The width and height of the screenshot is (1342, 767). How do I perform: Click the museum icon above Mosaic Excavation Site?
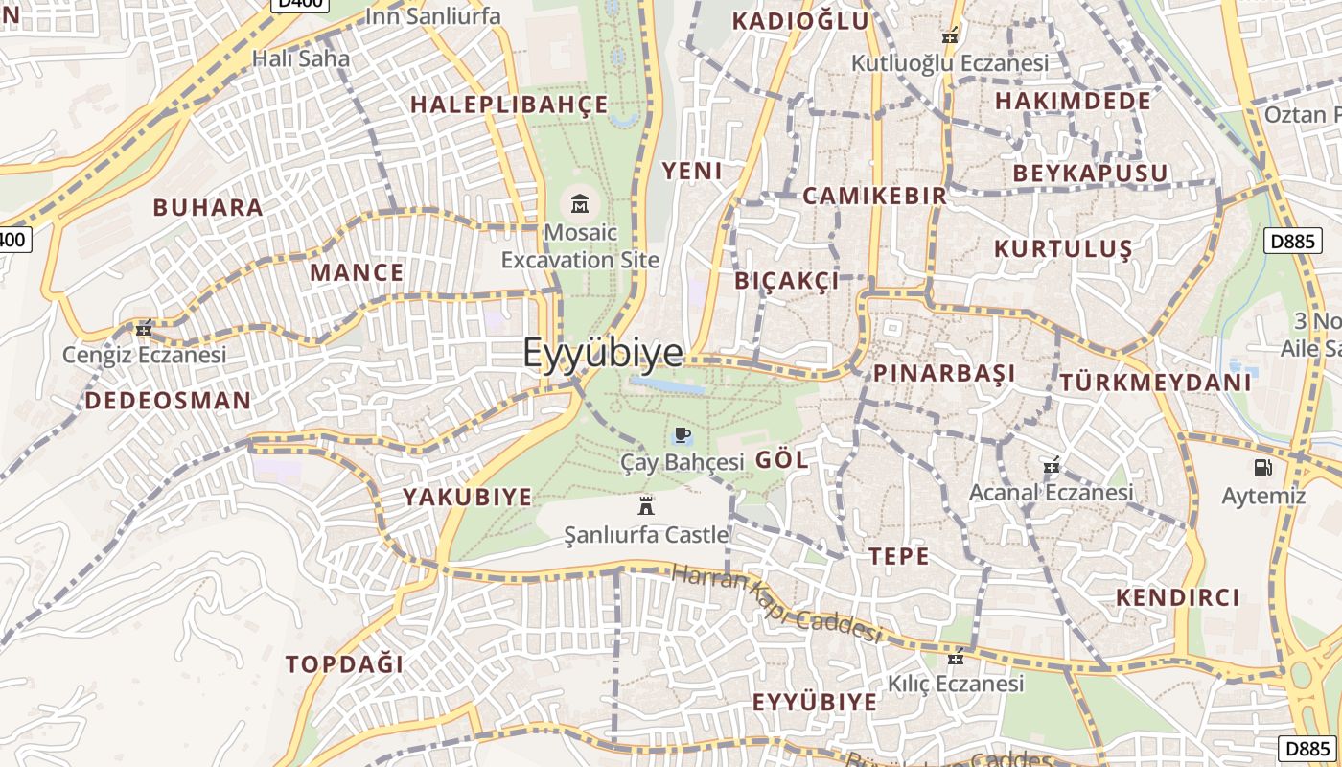coord(580,204)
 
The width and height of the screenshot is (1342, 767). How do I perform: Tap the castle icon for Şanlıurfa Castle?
coord(646,506)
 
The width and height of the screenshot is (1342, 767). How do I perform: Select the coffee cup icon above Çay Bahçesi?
coord(683,435)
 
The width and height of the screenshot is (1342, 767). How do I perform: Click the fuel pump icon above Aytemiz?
coord(1262,468)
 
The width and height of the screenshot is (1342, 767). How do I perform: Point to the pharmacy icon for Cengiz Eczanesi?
coord(144,328)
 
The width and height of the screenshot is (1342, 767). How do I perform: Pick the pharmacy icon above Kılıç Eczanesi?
coord(955,658)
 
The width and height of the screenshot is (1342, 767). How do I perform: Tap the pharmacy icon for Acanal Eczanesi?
coord(1052,466)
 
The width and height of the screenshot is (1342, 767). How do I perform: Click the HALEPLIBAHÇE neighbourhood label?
coord(510,105)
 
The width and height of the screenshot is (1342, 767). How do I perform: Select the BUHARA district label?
coord(208,207)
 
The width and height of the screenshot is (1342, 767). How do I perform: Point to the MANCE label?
coord(357,272)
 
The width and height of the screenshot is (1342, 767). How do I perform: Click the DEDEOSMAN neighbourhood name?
coord(168,401)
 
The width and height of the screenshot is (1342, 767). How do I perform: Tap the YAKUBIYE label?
coord(467,497)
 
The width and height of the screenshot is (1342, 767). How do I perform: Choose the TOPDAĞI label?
coord(344,663)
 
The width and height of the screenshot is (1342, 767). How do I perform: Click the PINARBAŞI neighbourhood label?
coord(944,373)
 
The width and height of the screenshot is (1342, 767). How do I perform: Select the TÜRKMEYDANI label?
coord(1155,383)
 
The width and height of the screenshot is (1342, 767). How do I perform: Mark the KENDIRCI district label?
coord(1178,597)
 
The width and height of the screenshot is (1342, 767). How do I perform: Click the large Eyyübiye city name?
coord(603,353)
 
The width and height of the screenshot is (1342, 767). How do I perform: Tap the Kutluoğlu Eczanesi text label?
coord(950,63)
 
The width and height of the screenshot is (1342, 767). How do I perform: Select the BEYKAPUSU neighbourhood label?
coord(1091,174)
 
